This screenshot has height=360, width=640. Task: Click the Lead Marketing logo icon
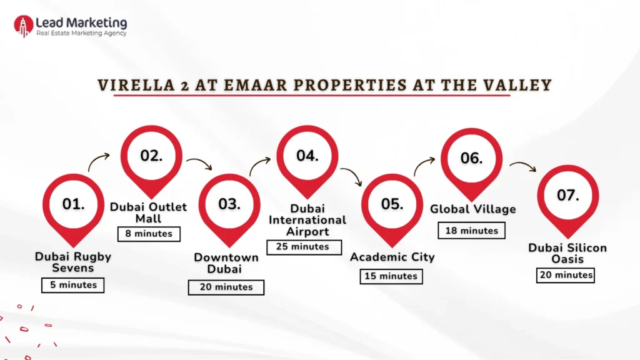click(23, 26)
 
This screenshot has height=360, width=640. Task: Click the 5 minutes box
click(73, 285)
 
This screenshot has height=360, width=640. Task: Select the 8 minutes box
click(149, 234)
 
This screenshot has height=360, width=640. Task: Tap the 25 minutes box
click(304, 247)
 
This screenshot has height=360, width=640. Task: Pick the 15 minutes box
click(391, 276)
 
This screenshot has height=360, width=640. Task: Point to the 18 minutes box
click(471, 231)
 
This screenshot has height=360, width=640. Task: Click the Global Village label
click(473, 209)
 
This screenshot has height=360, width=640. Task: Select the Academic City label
click(392, 257)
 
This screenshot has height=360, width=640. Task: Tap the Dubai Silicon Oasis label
click(567, 253)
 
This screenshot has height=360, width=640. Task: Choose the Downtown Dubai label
click(226, 263)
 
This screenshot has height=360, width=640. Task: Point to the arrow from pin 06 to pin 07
click(523, 166)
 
